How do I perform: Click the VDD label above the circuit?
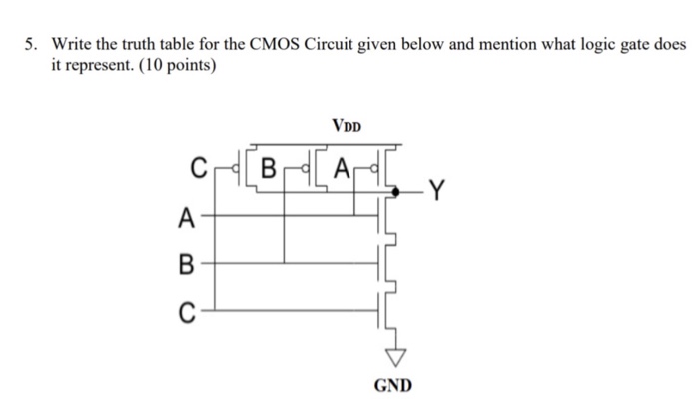click(348, 127)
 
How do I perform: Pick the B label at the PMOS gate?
click(267, 168)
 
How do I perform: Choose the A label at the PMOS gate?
click(343, 168)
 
